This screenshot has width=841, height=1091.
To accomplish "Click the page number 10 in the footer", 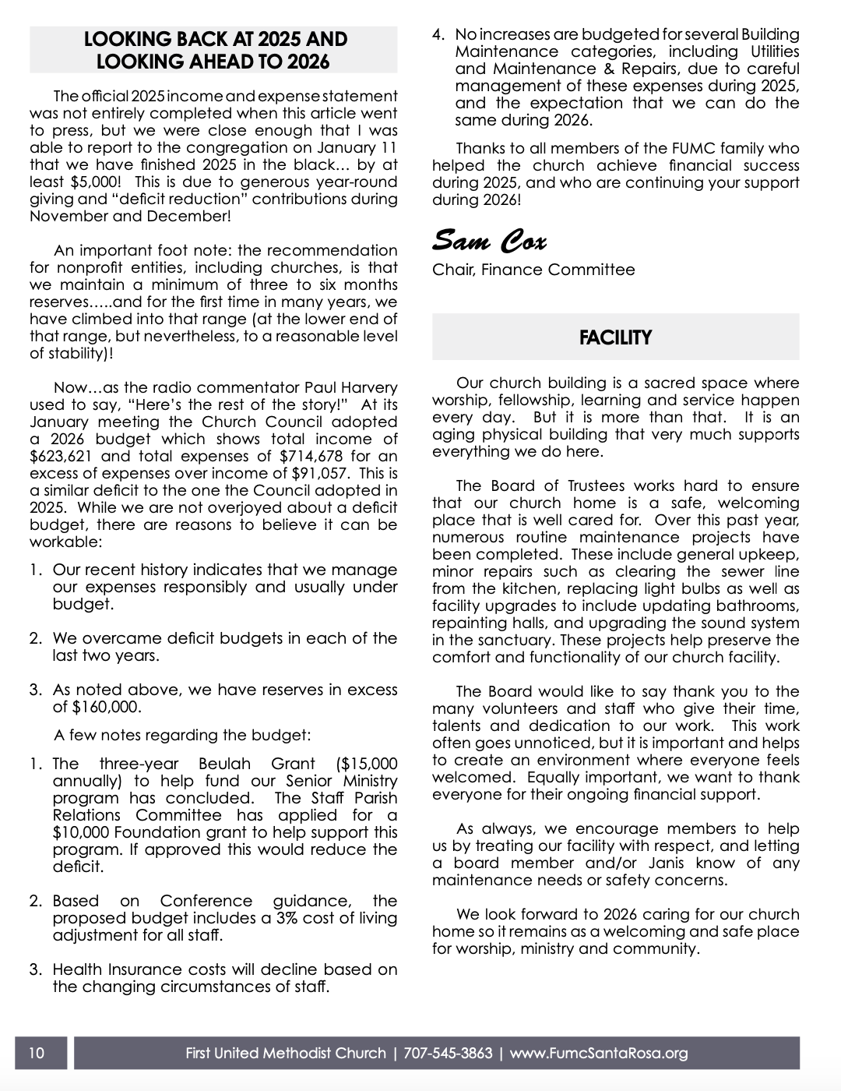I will (37, 1054).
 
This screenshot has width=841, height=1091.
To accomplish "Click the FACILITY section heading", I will (615, 337).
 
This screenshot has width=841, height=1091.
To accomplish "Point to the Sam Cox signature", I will (490, 239).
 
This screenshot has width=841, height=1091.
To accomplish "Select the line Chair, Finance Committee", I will (533, 270).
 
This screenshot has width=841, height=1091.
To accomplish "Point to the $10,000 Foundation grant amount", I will (81, 832).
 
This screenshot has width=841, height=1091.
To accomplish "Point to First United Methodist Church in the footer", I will (286, 1054).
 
